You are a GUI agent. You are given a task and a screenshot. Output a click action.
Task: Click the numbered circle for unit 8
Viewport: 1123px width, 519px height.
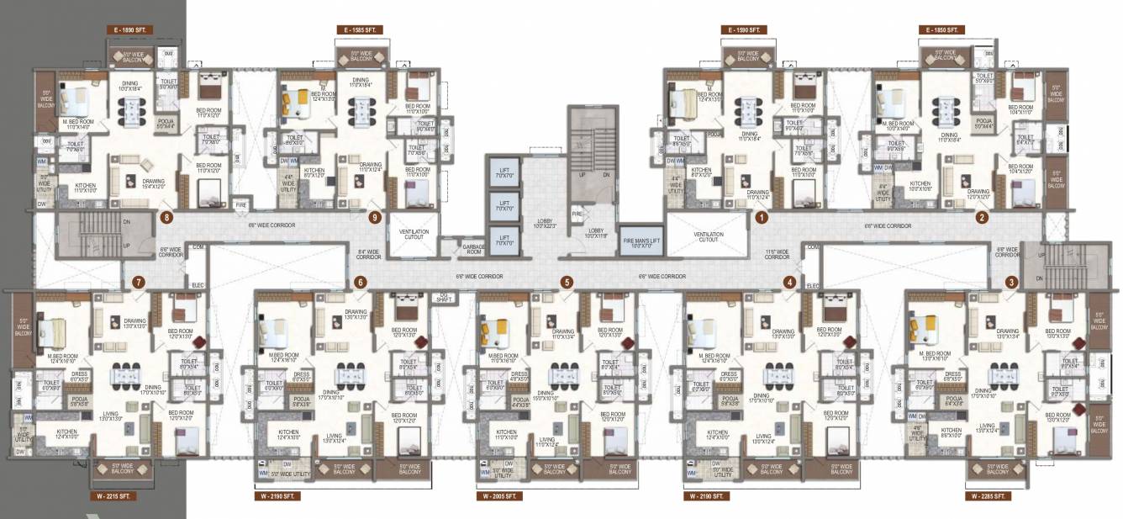(168, 218)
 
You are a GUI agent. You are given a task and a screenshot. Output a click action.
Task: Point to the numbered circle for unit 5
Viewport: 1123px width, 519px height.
(567, 282)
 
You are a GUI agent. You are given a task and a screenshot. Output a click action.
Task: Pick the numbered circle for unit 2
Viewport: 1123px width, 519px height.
(981, 218)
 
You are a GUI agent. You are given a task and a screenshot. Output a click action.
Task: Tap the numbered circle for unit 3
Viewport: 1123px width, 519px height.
(1011, 282)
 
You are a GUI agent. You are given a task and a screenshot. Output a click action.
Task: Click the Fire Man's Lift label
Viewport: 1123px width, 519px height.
(641, 242)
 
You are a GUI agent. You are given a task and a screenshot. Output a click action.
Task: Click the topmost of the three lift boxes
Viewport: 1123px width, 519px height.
(504, 177)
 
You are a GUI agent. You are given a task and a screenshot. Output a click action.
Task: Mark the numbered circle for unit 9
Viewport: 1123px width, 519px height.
(376, 218)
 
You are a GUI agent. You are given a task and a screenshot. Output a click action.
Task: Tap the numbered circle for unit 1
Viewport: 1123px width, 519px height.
(762, 218)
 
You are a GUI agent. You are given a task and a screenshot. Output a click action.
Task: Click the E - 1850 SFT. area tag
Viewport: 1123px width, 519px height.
(941, 29)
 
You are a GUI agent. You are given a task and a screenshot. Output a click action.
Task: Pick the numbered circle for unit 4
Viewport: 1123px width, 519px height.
(789, 282)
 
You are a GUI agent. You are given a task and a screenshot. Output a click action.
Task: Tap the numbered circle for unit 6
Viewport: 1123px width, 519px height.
(361, 282)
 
